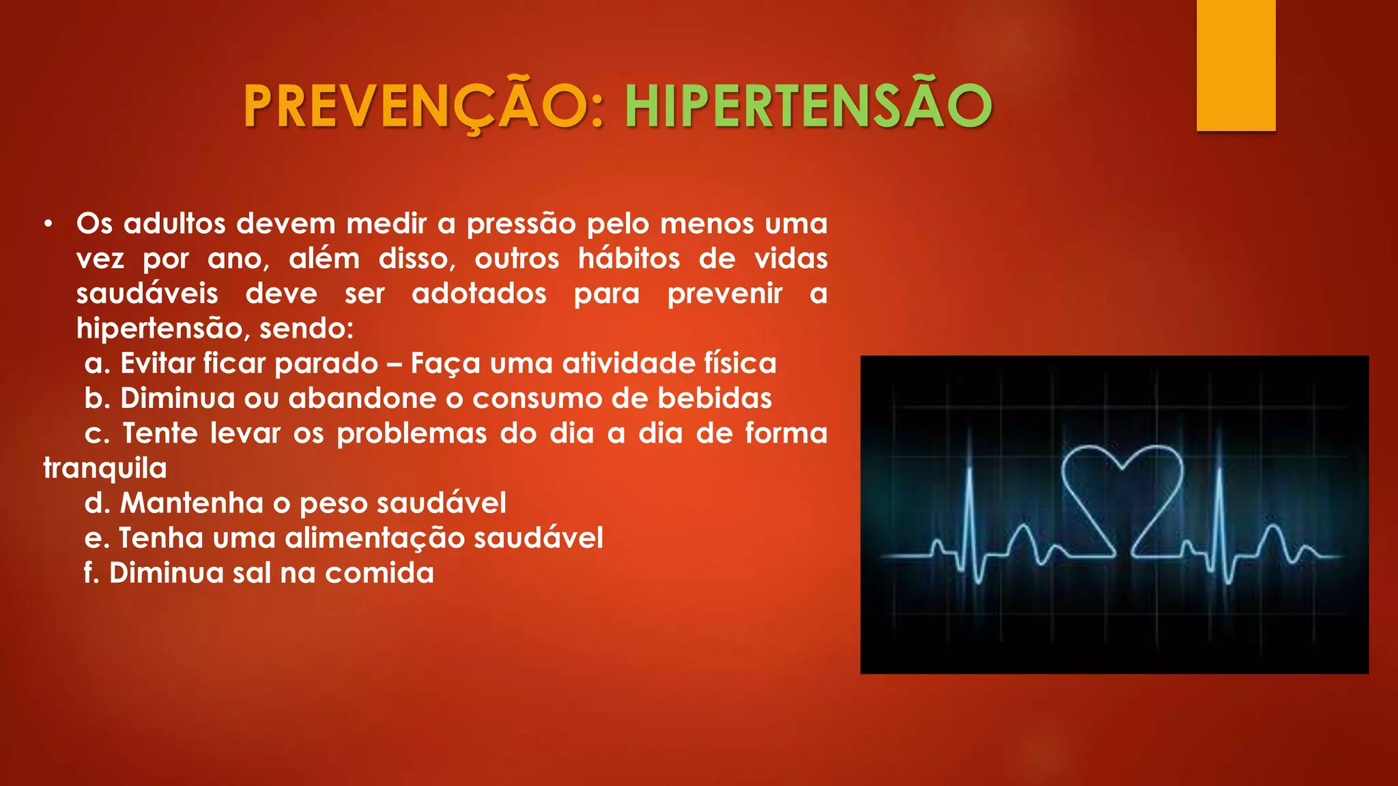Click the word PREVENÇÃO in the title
click(x=423, y=106)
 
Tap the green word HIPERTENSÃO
click(x=808, y=106)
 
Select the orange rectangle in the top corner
click(x=1236, y=65)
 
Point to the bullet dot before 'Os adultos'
click(x=47, y=224)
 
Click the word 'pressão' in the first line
click(x=521, y=224)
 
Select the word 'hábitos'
click(x=629, y=259)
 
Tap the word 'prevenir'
click(x=724, y=294)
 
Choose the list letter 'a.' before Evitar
click(x=97, y=364)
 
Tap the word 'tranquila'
click(x=105, y=469)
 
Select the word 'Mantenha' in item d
click(x=192, y=504)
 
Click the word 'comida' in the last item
click(x=380, y=573)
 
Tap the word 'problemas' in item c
click(x=412, y=433)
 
